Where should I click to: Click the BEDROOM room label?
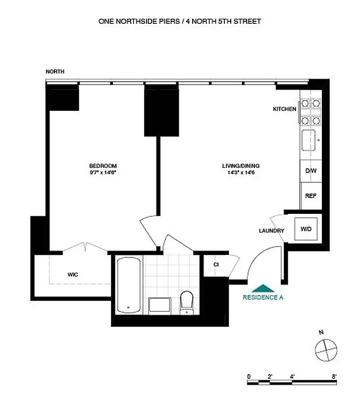pos(103,165)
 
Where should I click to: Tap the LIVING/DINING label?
pos(241,165)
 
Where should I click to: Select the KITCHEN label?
pos(285,109)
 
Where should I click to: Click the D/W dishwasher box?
pos(311,171)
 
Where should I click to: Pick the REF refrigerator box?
pos(310,196)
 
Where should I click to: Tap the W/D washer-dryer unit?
pos(306,229)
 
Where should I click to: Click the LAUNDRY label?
pos(271,231)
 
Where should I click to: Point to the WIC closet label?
pos(73,274)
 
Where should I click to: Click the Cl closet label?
pos(216,264)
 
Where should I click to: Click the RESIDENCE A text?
pos(262,297)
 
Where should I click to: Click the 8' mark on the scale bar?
pos(335,377)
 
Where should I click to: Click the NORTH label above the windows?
pos(55,72)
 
